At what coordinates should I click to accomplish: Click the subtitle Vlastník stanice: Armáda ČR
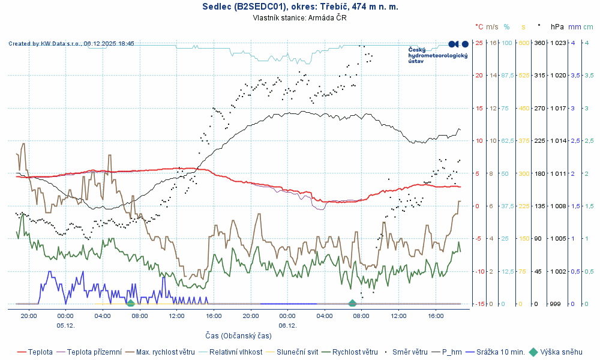pyautogui.click(x=300, y=18)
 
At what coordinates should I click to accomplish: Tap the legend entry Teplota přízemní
pyautogui.click(x=94, y=352)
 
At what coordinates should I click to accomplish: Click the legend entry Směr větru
pyautogui.click(x=410, y=352)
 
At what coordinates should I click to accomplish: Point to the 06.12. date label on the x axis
pyautogui.click(x=287, y=325)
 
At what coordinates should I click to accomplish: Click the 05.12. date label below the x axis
pyautogui.click(x=65, y=325)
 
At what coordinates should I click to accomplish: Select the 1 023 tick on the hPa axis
pyautogui.click(x=558, y=43)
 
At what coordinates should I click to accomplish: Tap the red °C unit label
pyautogui.click(x=479, y=27)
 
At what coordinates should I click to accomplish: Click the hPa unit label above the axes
pyautogui.click(x=557, y=27)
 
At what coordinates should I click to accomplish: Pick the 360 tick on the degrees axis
pyautogui.click(x=539, y=43)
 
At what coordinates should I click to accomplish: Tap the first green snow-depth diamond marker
pyautogui.click(x=130, y=302)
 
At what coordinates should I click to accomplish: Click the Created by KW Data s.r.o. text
pyautogui.click(x=71, y=44)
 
